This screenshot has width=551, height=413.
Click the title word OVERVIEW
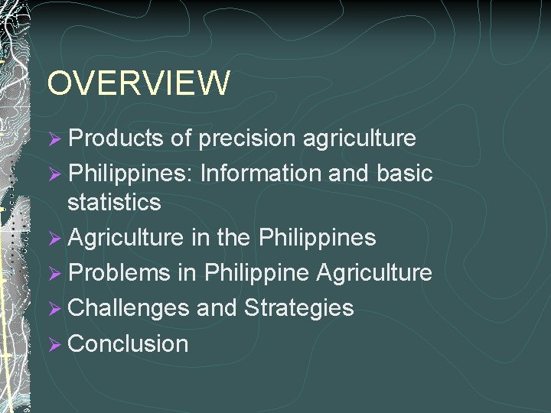point(138,83)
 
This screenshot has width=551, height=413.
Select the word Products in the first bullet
point(116,138)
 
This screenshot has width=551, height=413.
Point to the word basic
point(405,174)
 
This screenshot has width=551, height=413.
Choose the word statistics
point(114,203)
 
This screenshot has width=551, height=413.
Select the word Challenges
point(129,308)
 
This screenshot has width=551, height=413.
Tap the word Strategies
point(298,308)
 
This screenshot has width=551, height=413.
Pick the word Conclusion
point(128,343)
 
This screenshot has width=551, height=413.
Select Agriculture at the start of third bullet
point(125,238)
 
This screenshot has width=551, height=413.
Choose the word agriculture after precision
point(360,138)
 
